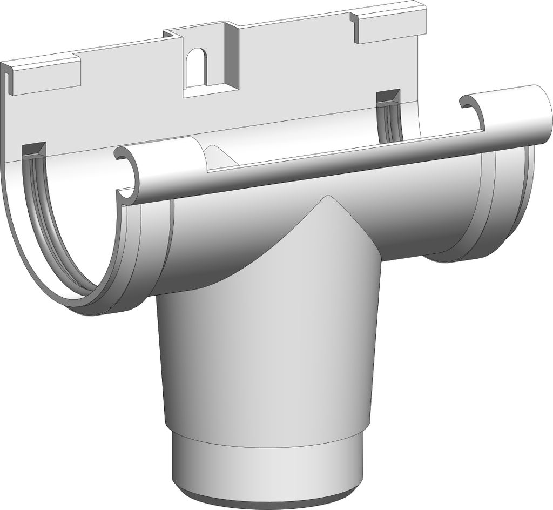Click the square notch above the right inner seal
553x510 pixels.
(388, 97)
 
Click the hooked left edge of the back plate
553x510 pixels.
(6, 81)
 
